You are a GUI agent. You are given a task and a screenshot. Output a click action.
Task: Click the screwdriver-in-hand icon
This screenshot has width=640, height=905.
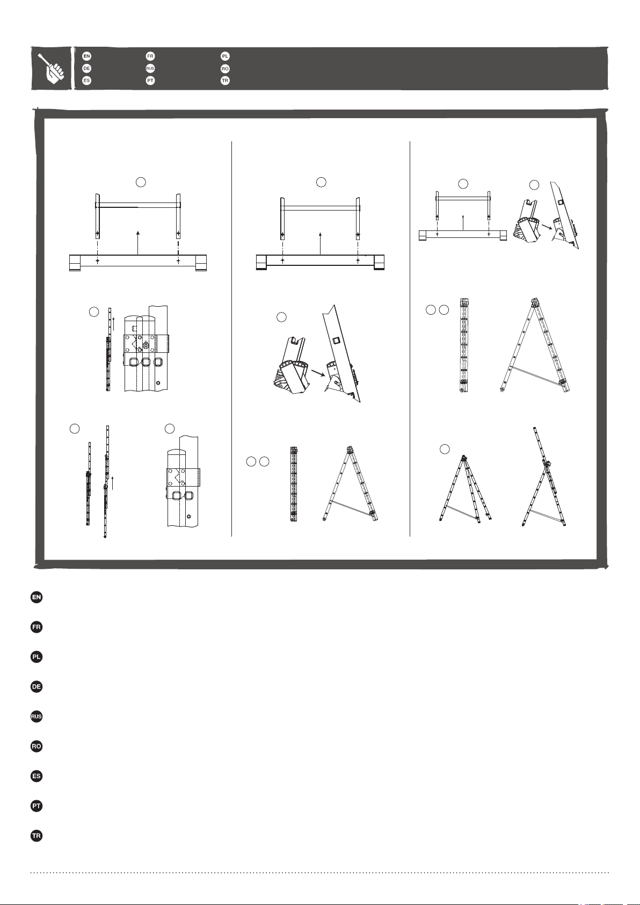coord(52,68)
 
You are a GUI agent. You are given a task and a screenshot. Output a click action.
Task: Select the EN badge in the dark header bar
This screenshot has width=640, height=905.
coord(86,56)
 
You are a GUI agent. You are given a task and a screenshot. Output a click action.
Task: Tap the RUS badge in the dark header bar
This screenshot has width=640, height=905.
coord(150,68)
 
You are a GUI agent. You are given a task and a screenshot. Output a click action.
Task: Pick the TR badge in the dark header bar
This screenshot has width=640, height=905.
coord(225,81)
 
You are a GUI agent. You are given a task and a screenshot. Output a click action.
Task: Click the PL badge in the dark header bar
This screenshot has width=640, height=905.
coord(225,56)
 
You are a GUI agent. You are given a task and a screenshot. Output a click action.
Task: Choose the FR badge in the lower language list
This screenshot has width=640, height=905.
coord(37,627)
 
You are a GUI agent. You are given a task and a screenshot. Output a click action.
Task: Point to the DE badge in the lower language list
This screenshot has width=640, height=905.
coord(37,687)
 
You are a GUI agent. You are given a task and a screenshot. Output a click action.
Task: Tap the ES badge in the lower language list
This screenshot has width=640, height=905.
coord(37,776)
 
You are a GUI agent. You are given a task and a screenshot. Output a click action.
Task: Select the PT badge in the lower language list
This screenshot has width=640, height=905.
coord(37,806)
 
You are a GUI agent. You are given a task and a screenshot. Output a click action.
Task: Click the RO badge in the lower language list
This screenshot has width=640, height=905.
coord(37,746)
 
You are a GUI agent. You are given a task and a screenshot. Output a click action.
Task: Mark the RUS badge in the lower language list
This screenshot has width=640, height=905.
coord(37,716)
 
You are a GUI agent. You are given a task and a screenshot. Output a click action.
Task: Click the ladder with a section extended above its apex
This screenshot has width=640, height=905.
coord(543,477)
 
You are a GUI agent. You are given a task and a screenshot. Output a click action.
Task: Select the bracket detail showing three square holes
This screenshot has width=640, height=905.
coord(146,348)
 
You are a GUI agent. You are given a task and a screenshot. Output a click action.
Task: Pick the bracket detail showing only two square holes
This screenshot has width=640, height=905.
coord(183,481)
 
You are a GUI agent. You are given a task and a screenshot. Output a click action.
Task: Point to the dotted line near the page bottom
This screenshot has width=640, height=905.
coord(320,873)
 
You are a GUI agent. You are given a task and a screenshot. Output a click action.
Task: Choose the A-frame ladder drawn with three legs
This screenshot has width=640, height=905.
coord(466,489)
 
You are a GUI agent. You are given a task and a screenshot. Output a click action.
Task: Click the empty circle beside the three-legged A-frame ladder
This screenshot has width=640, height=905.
coord(445,449)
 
